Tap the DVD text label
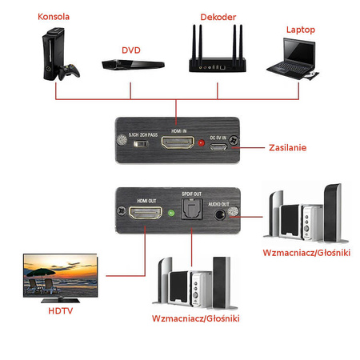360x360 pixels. (x=130, y=50)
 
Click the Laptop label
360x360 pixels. (x=301, y=30)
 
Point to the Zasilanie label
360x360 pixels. (x=286, y=148)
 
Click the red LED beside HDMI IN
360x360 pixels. (x=201, y=145)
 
